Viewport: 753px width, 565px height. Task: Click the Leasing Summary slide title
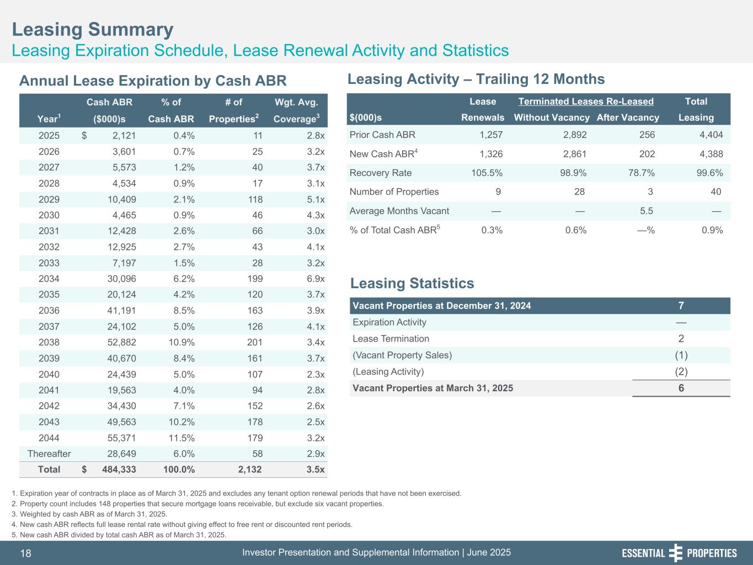click(x=93, y=29)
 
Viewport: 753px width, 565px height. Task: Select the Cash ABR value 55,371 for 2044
click(x=121, y=438)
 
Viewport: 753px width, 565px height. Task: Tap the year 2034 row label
click(x=49, y=279)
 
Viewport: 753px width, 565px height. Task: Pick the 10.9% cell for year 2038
click(x=181, y=343)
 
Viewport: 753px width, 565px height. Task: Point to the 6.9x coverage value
click(x=316, y=279)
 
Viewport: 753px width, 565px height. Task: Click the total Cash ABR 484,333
click(x=119, y=470)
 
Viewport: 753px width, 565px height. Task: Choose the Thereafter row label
click(x=49, y=454)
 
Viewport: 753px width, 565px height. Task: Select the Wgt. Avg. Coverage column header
click(x=296, y=110)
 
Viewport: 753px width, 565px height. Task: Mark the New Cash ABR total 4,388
click(x=712, y=154)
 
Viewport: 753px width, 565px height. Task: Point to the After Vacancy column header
click(x=628, y=118)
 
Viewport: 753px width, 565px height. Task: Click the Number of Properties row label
click(x=394, y=192)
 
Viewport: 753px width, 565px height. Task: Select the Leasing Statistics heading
click(x=412, y=284)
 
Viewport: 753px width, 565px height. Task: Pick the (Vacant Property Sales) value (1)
click(x=681, y=355)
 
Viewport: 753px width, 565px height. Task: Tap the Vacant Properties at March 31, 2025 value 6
click(x=681, y=388)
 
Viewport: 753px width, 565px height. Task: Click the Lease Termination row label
click(x=391, y=339)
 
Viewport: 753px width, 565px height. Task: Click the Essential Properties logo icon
click(x=675, y=553)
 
